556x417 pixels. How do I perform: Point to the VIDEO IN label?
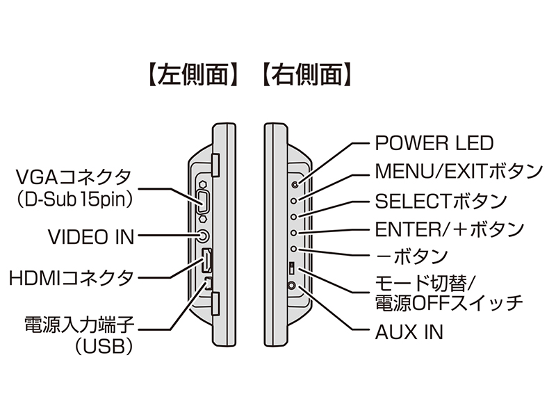(91, 236)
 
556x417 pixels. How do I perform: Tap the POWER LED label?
(434, 143)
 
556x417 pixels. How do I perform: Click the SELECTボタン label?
(441, 202)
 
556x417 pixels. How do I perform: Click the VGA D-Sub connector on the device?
(204, 202)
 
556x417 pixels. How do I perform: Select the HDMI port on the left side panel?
(206, 262)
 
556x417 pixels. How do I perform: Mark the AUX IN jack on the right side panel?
(293, 285)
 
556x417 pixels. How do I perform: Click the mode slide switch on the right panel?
(293, 268)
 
